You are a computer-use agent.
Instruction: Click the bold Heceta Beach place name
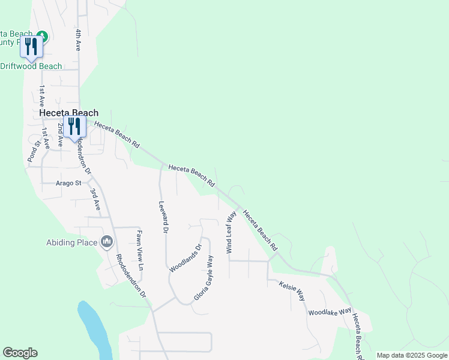pos(68,112)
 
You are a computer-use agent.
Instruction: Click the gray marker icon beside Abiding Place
pos(107,242)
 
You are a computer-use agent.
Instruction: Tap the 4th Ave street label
pos(78,39)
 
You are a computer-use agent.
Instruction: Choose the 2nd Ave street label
pos(60,134)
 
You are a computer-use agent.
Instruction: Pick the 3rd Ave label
pos(94,199)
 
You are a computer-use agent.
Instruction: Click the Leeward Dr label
pos(163,217)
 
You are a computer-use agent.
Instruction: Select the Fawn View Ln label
pos(139,250)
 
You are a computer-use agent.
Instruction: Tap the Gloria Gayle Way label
pos(204,278)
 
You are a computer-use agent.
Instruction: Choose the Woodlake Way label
pos(330,312)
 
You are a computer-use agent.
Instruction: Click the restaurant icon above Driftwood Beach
pos(30,47)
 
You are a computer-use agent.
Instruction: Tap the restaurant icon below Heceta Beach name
pos(74,127)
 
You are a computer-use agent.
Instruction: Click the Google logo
pos(20,353)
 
